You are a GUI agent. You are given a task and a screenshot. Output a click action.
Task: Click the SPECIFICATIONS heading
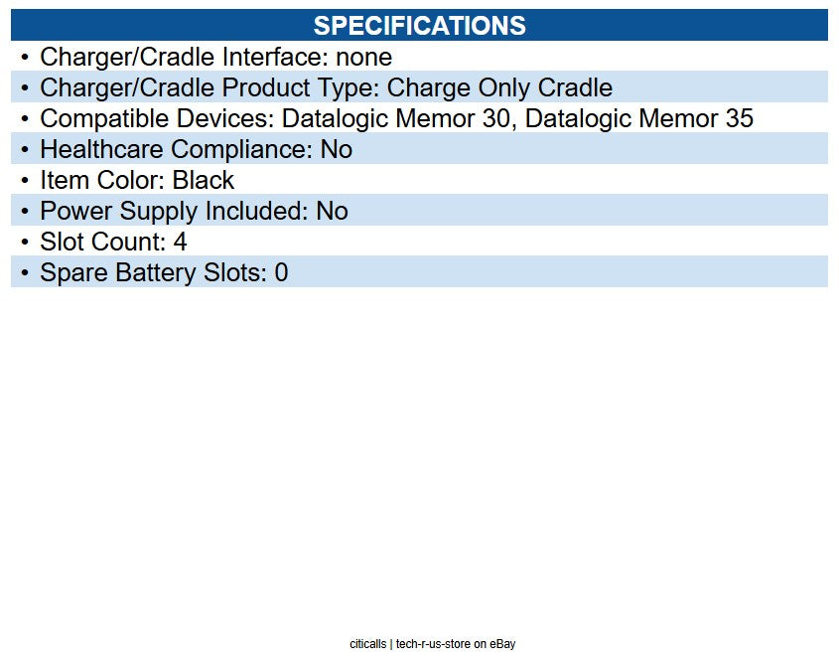point(419,25)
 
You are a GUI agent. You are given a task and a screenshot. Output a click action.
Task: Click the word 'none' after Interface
point(363,58)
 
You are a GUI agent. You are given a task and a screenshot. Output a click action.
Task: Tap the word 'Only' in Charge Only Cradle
point(507,87)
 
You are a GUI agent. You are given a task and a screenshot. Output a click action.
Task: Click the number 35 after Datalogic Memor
point(739,118)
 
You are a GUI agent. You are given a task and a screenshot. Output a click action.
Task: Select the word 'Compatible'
point(104,118)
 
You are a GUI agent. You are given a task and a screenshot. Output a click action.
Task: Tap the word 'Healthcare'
point(101,149)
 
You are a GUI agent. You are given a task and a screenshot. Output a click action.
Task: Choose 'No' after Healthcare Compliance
point(337,149)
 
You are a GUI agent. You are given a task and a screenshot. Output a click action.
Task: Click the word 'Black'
point(204,180)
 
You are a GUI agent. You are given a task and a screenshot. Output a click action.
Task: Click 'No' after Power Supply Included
point(333,211)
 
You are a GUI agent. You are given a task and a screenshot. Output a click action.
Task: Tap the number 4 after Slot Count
point(181,243)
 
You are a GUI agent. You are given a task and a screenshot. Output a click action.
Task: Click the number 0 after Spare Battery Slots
point(281,272)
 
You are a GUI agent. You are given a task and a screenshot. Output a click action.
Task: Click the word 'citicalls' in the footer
point(368,644)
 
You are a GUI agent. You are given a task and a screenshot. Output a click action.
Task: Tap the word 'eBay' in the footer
point(502,644)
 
